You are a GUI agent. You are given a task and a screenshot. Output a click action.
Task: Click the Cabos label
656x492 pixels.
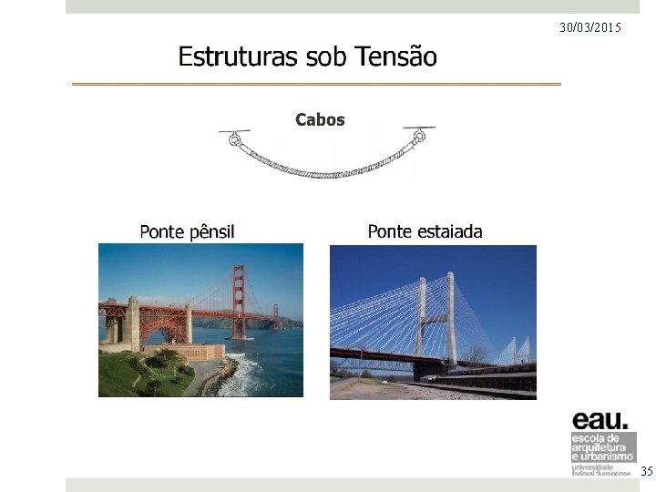pos(320,119)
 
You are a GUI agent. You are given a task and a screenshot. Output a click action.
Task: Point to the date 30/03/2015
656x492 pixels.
pos(590,28)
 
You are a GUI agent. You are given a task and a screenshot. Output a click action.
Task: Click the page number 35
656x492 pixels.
pos(646,471)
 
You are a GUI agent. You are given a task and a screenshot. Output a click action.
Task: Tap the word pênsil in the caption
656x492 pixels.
pos(211,231)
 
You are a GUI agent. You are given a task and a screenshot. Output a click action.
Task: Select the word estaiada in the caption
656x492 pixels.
pos(449,231)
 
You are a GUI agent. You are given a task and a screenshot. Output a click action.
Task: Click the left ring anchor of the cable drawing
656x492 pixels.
pos(235,140)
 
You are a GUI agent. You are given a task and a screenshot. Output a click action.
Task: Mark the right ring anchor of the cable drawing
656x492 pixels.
pos(419,138)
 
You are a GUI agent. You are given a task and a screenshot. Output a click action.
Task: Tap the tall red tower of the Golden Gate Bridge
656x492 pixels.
pos(239,301)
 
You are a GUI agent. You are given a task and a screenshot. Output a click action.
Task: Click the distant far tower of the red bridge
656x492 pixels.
pos(274,315)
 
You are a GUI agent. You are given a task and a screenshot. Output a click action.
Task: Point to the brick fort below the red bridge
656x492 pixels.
pos(196,351)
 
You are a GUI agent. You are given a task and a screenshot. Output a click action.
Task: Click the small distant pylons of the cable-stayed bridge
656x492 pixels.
pos(518,350)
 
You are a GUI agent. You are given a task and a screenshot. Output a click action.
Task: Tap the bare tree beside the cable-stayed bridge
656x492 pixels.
pos(476,354)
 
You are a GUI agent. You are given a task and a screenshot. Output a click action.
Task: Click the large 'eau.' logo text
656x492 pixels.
pos(600,420)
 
